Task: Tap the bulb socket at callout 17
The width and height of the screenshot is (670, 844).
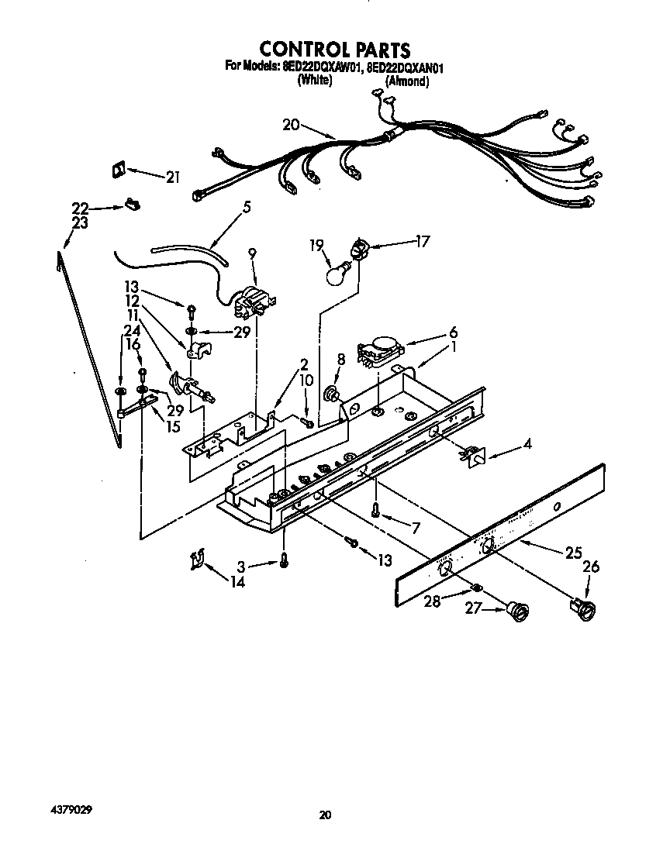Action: [x=360, y=249]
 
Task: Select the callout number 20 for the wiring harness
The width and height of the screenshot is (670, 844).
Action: [x=291, y=125]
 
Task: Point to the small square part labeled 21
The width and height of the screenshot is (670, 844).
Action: [x=119, y=170]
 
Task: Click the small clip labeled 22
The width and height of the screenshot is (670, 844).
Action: [x=133, y=206]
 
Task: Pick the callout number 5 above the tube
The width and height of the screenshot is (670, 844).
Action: [x=247, y=207]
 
